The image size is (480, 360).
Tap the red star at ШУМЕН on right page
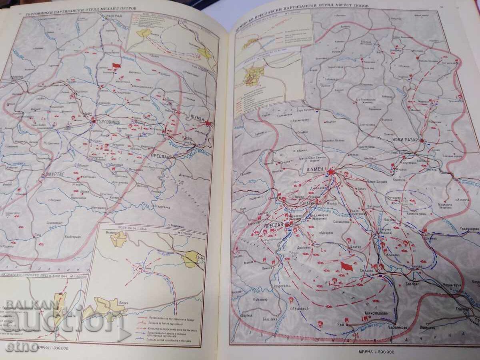pyautogui.click(x=330, y=172)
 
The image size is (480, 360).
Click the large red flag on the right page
pyautogui.click(x=346, y=266)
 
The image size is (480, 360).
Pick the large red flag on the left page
pyautogui.click(x=116, y=65)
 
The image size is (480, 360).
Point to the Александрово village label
pyautogui.click(x=376, y=314)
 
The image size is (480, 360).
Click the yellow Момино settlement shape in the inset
pyautogui.click(x=118, y=239)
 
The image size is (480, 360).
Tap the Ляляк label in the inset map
pyautogui.click(x=112, y=299)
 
